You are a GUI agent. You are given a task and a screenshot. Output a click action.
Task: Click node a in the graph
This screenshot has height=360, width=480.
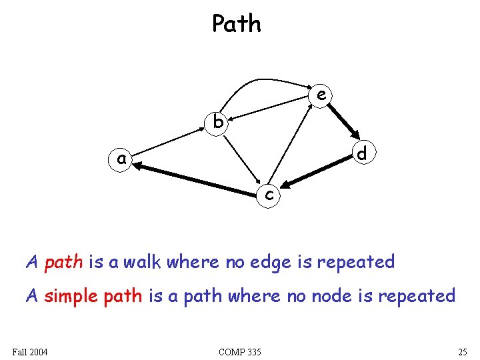coord(121,160)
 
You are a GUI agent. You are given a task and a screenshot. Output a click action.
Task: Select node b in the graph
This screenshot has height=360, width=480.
coord(217,123)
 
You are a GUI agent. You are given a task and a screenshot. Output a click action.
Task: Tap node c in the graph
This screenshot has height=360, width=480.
coord(269,194)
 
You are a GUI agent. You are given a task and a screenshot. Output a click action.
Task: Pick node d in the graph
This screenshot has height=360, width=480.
coord(361,154)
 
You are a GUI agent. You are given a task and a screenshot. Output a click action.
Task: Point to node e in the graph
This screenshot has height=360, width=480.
coord(321,95)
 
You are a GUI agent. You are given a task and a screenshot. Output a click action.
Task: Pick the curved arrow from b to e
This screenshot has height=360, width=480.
coord(260,81)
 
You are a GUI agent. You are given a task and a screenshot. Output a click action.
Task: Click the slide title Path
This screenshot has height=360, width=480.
coord(237,24)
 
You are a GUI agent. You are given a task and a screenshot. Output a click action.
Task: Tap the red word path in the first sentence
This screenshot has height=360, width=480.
coord(63,262)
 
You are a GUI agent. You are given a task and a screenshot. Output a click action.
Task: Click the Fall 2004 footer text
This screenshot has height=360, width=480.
coord(30,351)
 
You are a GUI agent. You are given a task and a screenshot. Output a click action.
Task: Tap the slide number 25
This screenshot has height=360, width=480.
coord(462,351)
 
